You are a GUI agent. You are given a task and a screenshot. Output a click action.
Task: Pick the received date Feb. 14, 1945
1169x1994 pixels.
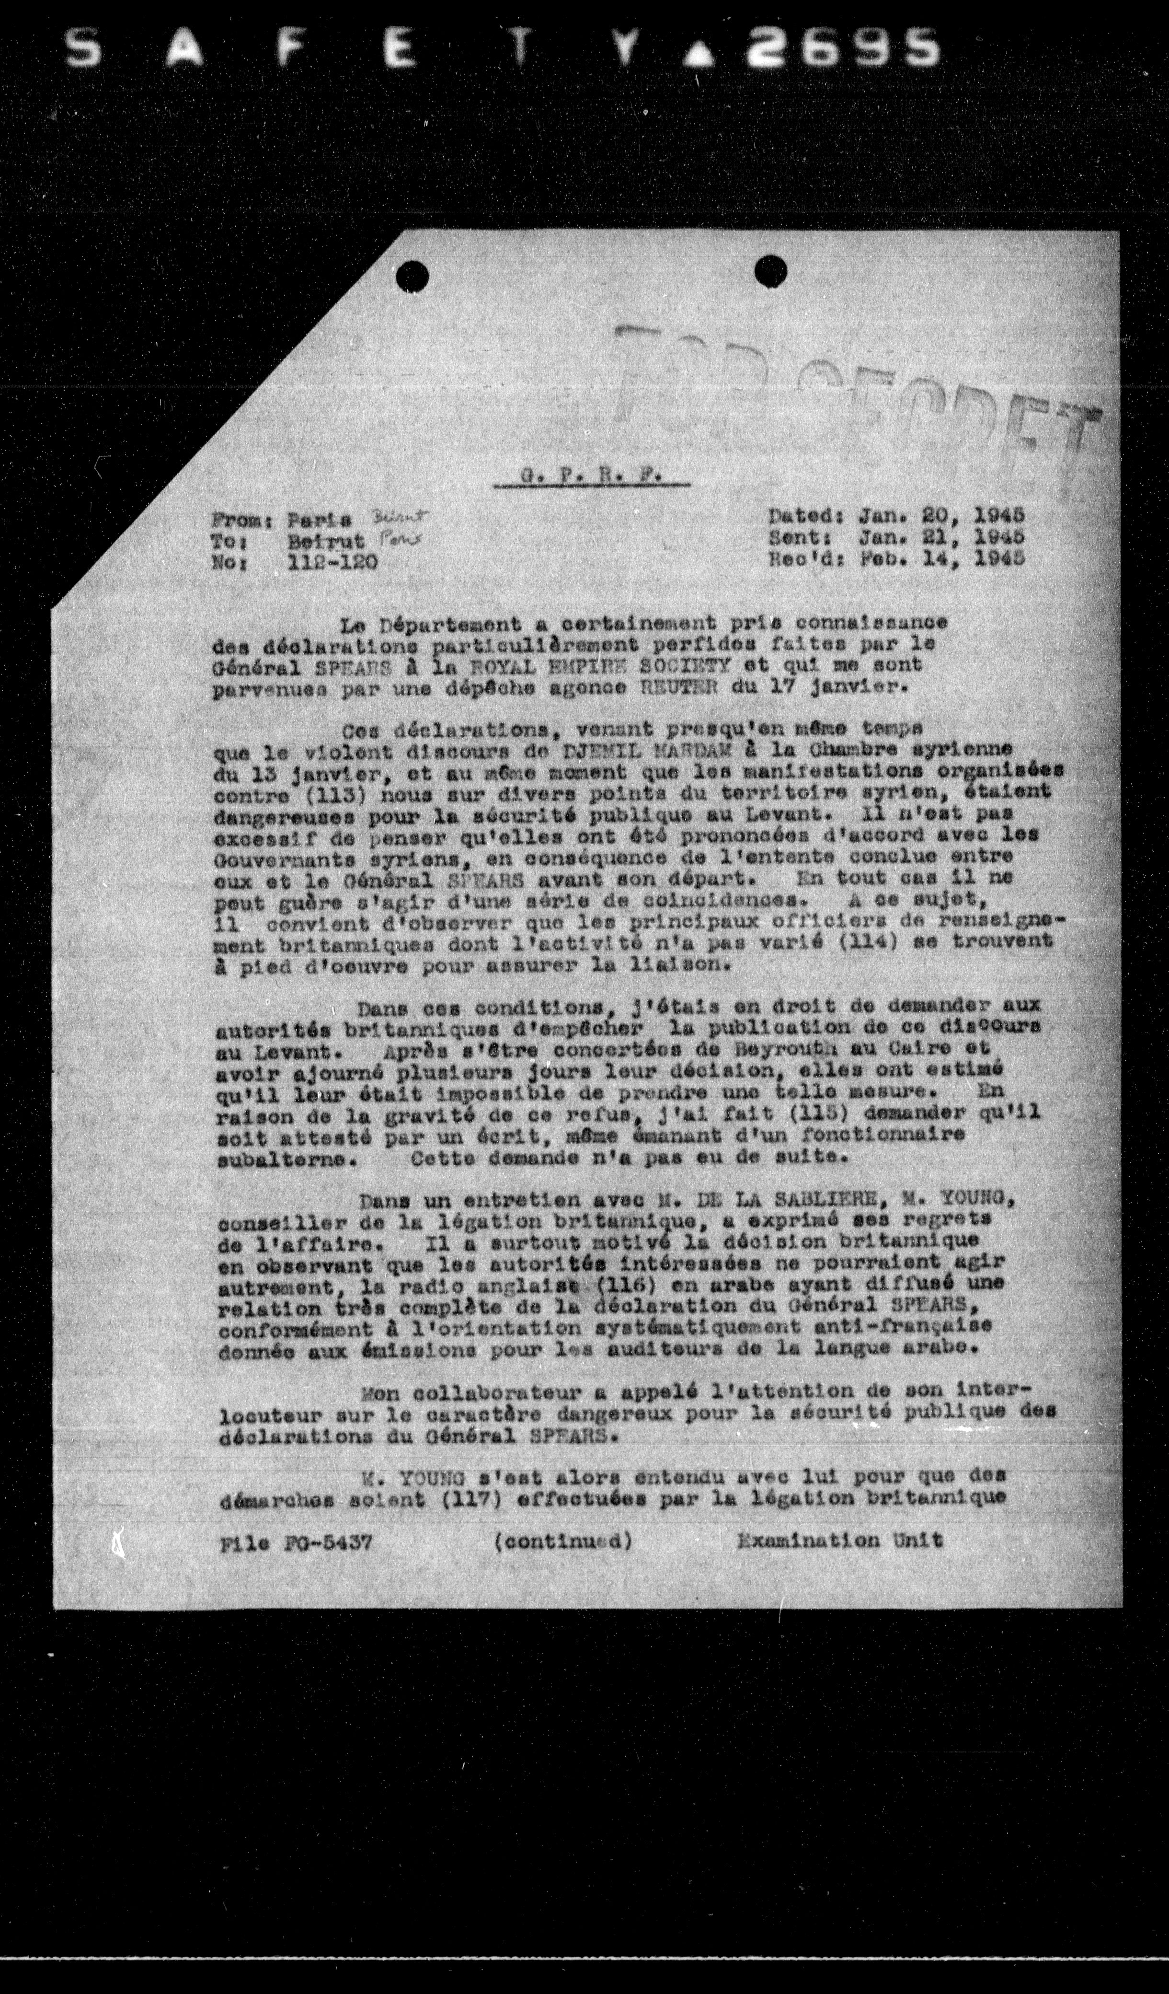pos(941,556)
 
